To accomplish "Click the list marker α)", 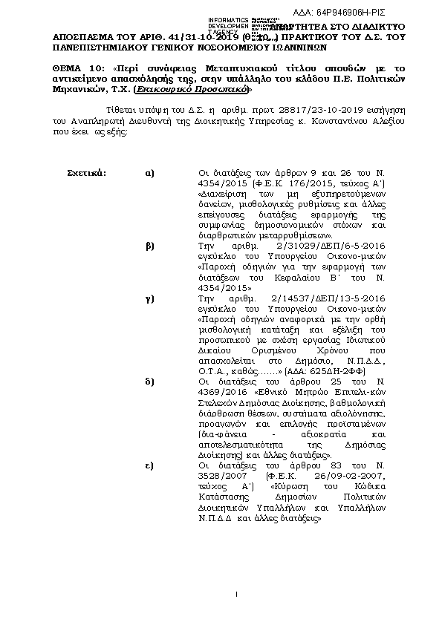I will (149, 173).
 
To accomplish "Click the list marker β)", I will (149, 243).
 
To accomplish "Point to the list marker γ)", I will (149, 295).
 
